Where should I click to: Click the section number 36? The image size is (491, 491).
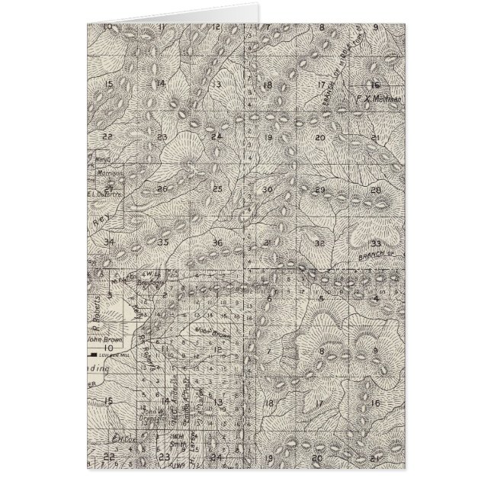click(x=218, y=242)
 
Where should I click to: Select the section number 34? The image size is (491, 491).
click(x=110, y=242)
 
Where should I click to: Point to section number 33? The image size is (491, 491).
click(x=375, y=243)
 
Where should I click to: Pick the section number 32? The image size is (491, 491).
click(x=320, y=243)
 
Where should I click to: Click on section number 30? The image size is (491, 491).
click(x=267, y=190)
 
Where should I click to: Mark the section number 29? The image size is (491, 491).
click(x=320, y=190)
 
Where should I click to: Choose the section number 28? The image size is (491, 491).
click(x=375, y=190)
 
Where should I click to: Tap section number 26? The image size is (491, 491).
click(x=162, y=188)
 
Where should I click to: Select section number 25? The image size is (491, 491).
click(x=217, y=188)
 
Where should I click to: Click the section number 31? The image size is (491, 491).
click(x=267, y=242)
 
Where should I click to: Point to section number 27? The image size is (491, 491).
click(x=110, y=188)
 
